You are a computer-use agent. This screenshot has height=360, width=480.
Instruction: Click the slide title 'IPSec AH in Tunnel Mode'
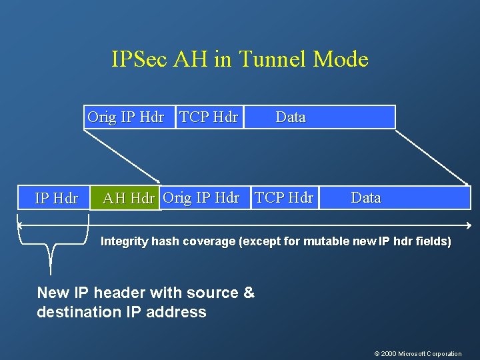pos(240,59)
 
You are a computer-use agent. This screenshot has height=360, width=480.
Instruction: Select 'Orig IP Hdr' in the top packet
pos(125,117)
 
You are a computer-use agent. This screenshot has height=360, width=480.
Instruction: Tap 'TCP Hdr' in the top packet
pos(209,117)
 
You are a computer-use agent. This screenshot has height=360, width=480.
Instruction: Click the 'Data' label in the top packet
pos(291,117)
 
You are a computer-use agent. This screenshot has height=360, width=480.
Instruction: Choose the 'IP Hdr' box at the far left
pos(56,198)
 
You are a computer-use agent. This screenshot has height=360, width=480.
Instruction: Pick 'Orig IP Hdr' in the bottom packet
pos(201,197)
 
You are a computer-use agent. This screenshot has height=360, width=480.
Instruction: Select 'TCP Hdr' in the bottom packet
pos(284,197)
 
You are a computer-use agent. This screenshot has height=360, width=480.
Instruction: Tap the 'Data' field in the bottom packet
pos(366,197)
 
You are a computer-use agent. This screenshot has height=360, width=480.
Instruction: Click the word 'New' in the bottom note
pos(53,293)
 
